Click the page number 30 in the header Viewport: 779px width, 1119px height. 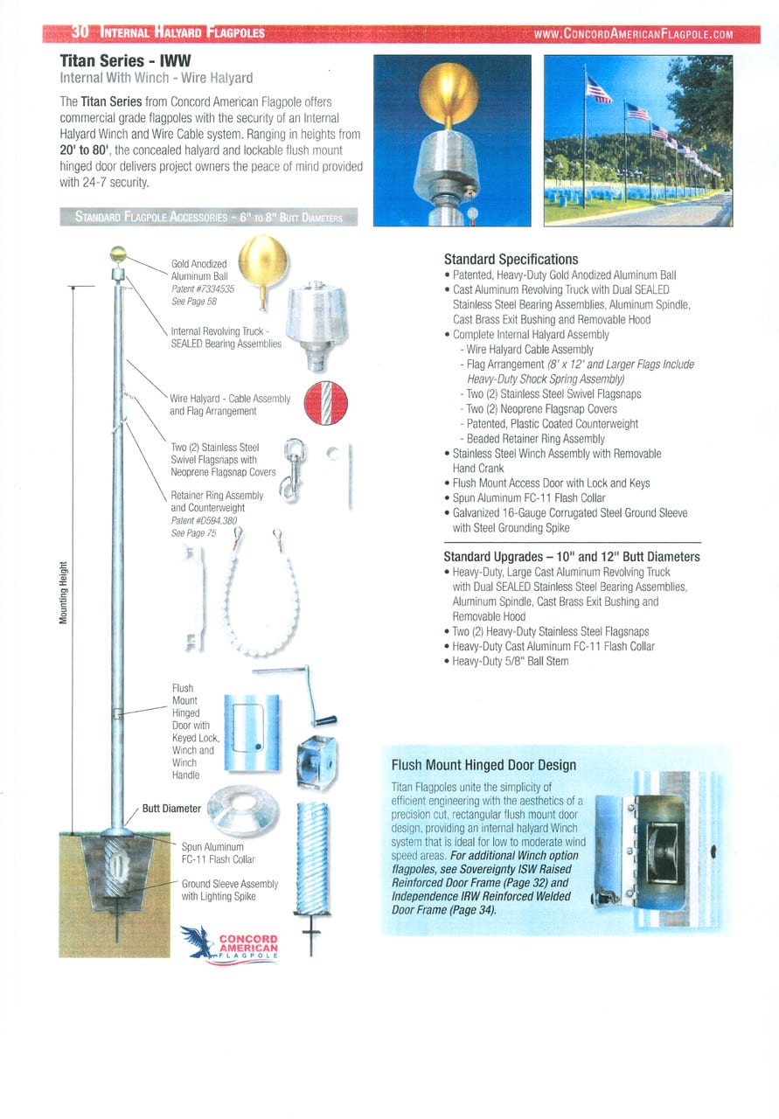[x=79, y=33]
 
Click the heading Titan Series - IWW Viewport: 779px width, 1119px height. [x=124, y=61]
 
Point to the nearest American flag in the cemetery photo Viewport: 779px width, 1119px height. [x=599, y=89]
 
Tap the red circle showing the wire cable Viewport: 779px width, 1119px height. [x=325, y=404]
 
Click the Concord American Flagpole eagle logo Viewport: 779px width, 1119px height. [x=230, y=944]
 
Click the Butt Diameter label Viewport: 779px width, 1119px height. [x=171, y=809]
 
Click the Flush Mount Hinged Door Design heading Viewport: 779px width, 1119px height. [x=483, y=765]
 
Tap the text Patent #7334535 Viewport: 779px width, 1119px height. [x=202, y=288]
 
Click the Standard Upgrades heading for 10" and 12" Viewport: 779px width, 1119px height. [x=571, y=556]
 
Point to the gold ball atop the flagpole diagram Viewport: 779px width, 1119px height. [x=118, y=255]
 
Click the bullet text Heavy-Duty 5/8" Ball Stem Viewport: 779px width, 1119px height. [x=511, y=661]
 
